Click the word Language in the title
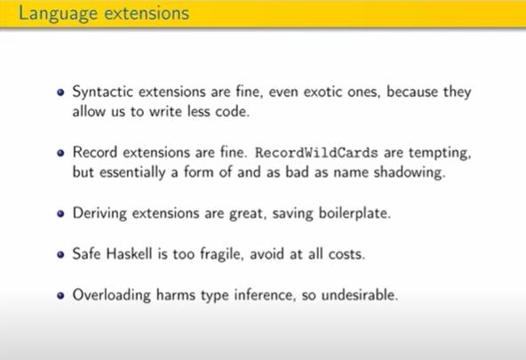pyautogui.click(x=58, y=14)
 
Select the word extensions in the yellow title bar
pyautogui.click(x=147, y=13)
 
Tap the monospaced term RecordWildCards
pyautogui.click(x=316, y=153)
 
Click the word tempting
pyautogui.click(x=440, y=153)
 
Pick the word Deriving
pyautogui.click(x=100, y=213)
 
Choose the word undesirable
pyautogui.click(x=360, y=295)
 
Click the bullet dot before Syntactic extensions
pyautogui.click(x=60, y=92)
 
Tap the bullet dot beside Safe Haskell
pyautogui.click(x=60, y=254)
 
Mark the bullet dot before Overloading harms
pyautogui.click(x=60, y=296)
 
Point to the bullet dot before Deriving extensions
pyautogui.click(x=60, y=213)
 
